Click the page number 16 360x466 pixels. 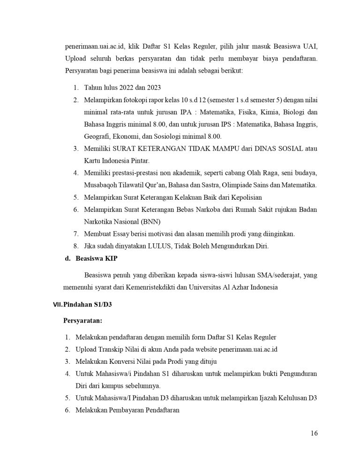coord(314,433)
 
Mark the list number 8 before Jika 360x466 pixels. coord(76,246)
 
